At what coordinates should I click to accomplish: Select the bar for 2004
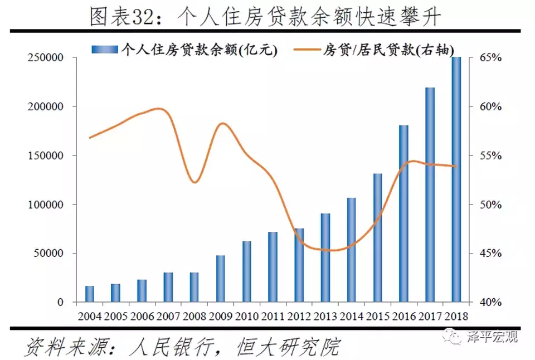click(90, 294)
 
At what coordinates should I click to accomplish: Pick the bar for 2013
click(325, 257)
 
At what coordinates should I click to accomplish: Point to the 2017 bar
click(430, 194)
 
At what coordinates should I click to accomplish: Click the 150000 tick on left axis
click(44, 155)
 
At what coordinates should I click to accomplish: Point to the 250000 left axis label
click(44, 58)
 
